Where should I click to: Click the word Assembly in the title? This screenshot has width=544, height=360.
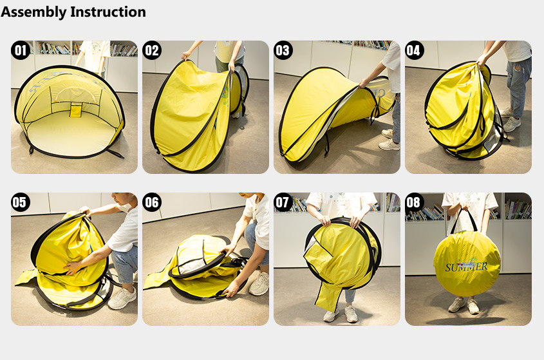[x=33, y=12]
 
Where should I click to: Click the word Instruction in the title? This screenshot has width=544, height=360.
[x=108, y=12]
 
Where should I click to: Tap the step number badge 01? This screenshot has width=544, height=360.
[x=21, y=50]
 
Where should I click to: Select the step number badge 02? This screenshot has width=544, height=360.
[x=152, y=50]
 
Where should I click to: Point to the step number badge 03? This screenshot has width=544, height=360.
[x=283, y=50]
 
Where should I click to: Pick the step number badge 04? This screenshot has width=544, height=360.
[x=415, y=50]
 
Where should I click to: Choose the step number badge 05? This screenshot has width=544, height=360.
[x=21, y=202]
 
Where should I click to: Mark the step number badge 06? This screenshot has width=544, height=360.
[x=152, y=202]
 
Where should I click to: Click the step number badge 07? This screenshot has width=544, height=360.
[x=283, y=202]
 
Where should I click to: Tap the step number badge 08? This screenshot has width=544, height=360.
[x=415, y=202]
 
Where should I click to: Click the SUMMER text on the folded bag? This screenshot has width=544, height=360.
[x=466, y=267]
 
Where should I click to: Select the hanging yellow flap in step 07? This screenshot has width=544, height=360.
[x=328, y=296]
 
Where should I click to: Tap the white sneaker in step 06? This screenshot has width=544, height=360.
[x=259, y=283]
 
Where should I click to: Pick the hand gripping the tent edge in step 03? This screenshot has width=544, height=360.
[x=364, y=83]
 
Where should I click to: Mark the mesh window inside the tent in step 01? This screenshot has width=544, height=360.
[x=77, y=94]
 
